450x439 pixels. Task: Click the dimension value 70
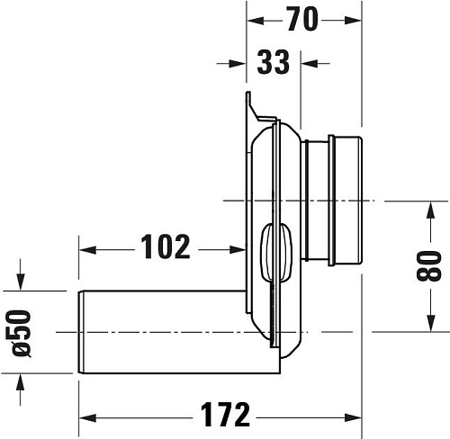[x=304, y=18]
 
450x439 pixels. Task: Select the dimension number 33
[x=273, y=63]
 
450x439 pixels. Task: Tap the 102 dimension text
[x=166, y=246]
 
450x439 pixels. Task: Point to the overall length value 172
[x=224, y=416]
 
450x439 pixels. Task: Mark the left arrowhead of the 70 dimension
[x=255, y=18]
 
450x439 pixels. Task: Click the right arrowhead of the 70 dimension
[x=355, y=18]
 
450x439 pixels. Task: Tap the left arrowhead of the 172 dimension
[x=88, y=417]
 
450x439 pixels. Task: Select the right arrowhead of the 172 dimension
[x=355, y=417]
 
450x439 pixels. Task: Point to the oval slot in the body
[x=271, y=254]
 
